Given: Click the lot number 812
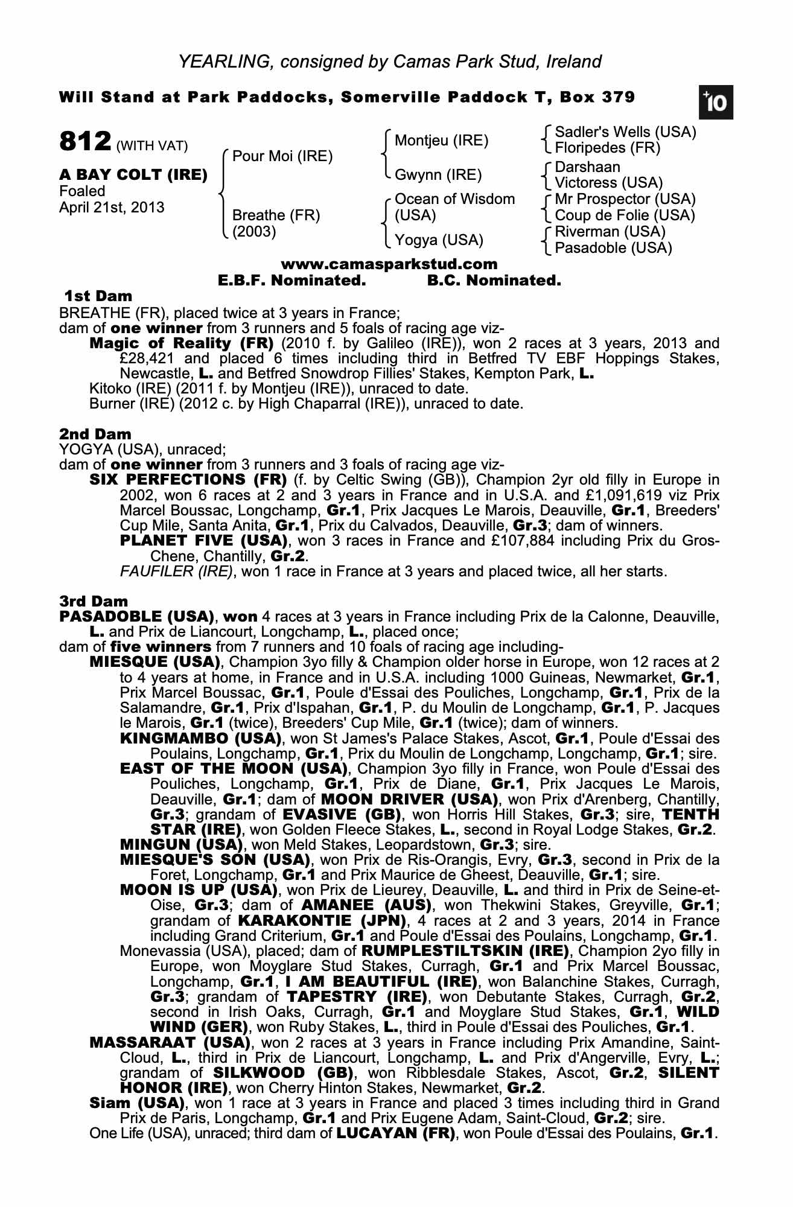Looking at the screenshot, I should (x=85, y=143).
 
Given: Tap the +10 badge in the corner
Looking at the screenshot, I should (x=716, y=103).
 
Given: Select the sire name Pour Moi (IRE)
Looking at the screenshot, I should (x=282, y=157).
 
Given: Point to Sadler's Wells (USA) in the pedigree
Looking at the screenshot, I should (x=625, y=132).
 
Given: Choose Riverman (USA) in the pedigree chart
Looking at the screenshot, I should (x=610, y=232).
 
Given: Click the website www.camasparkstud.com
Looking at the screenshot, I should (x=389, y=264).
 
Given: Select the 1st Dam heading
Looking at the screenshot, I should (x=98, y=296).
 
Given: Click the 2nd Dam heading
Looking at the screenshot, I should (x=95, y=434).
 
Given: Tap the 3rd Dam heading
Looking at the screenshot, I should (x=94, y=601).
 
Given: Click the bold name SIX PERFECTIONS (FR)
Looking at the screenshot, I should (x=188, y=480).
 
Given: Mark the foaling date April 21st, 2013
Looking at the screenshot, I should (x=112, y=207).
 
